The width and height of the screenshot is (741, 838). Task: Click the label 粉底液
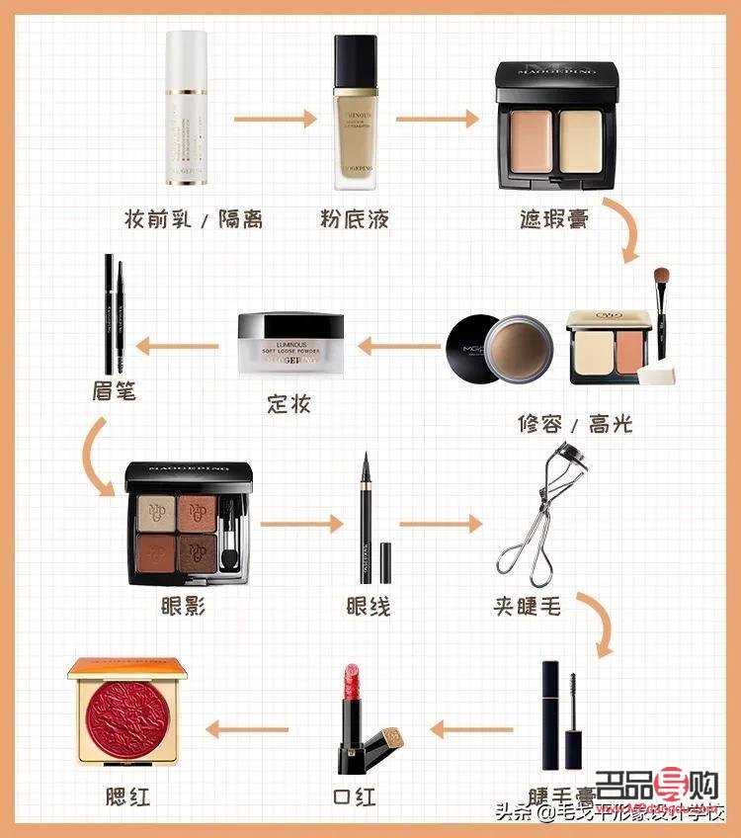point(355,218)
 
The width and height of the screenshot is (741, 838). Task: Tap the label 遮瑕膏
point(554,218)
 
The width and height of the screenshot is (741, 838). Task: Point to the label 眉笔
point(111,392)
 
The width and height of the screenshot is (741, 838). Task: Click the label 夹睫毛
point(529,605)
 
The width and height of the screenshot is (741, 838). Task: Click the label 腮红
point(128,796)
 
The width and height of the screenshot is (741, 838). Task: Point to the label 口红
point(355,796)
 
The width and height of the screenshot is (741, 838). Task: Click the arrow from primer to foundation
point(275,120)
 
